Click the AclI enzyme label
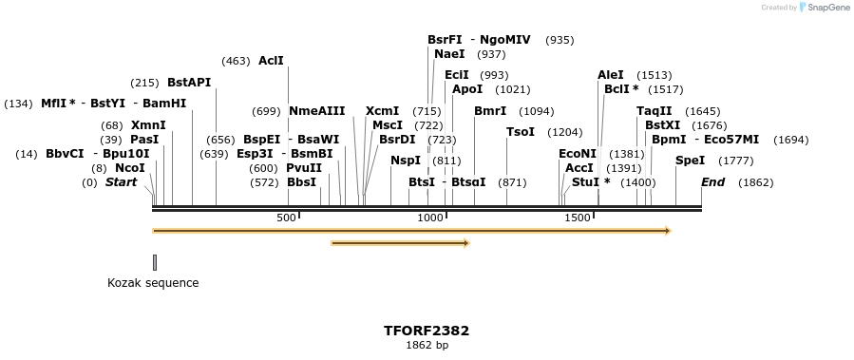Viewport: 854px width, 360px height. point(271,61)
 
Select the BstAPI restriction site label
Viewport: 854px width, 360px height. point(188,83)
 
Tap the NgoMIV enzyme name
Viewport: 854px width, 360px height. point(505,40)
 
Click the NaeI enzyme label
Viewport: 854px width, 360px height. point(449,54)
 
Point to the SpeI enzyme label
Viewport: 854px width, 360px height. point(690,161)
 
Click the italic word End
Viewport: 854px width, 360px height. point(712,181)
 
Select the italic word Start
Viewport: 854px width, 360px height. point(121,181)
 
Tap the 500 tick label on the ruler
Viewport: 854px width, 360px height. point(287,218)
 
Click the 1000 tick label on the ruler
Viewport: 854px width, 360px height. point(430,218)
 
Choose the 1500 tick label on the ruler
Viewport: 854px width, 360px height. point(578,218)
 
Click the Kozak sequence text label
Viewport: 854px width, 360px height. point(153,283)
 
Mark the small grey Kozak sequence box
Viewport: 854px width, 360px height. point(155,262)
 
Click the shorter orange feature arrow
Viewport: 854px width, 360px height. point(400,243)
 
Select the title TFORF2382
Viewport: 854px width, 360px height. point(427,331)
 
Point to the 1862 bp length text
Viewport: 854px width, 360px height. point(427,346)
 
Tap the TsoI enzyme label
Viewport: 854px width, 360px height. point(521,132)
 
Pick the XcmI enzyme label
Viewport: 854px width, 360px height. point(382,111)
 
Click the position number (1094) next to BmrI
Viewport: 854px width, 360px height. point(536,111)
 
